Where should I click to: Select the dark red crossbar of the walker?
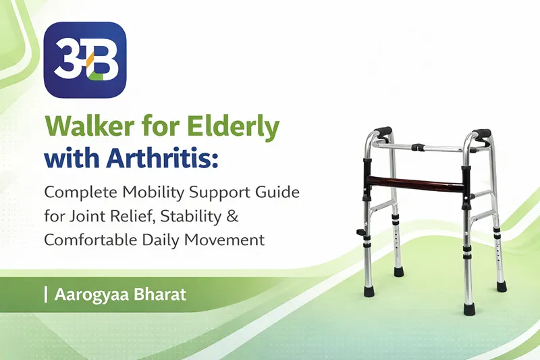(416, 182)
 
